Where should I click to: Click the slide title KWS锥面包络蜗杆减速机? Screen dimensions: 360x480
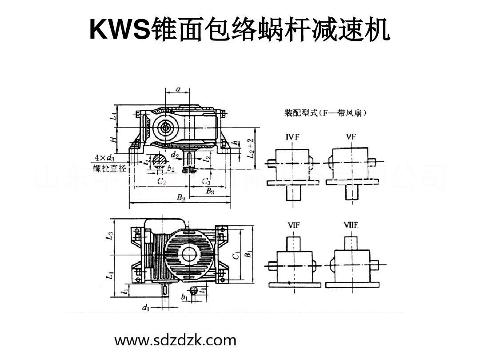point(240,30)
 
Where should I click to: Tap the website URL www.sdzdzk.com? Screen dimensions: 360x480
point(176,340)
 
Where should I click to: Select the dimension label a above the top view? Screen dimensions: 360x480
point(178,89)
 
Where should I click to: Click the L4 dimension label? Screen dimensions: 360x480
point(114,116)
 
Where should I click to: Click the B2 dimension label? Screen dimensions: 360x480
point(181,198)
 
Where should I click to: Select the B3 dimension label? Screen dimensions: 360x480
point(210,191)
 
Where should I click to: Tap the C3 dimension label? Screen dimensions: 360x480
point(206,181)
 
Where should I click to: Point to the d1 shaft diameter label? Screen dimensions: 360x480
point(145,307)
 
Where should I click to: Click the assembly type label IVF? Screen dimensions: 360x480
point(292,137)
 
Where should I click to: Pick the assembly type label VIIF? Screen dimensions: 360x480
point(351,225)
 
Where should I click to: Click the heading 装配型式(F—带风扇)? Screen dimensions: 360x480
point(325,113)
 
